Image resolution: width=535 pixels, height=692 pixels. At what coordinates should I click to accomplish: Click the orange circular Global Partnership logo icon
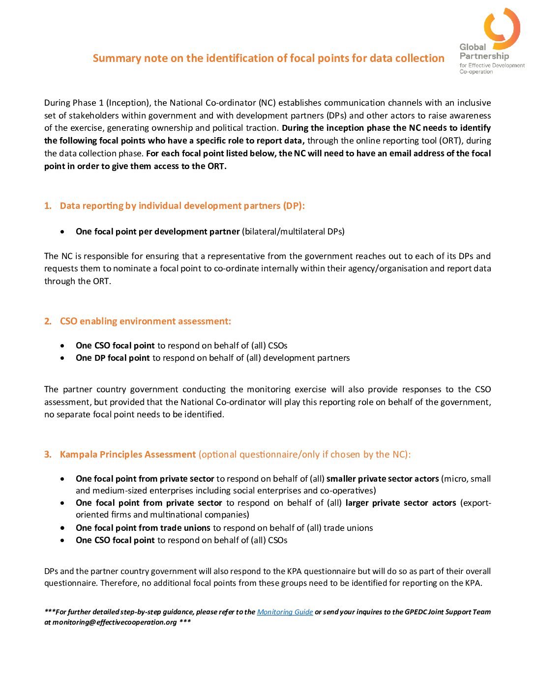[x=502, y=27]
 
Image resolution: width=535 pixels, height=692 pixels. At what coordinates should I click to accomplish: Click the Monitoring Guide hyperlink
[x=285, y=612]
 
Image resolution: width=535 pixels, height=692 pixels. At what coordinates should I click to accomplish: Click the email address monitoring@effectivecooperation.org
[x=115, y=622]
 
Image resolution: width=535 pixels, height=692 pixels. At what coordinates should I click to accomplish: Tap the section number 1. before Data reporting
[x=48, y=206]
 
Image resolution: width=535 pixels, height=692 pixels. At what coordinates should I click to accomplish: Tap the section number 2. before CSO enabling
[x=48, y=321]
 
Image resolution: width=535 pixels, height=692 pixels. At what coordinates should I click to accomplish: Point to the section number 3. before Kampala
[x=48, y=455]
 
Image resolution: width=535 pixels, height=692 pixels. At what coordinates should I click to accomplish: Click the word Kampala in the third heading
[x=78, y=455]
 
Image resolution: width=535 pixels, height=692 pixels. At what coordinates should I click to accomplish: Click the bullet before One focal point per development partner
[x=62, y=231]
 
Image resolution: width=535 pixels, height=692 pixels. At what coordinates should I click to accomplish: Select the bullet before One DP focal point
[x=62, y=358]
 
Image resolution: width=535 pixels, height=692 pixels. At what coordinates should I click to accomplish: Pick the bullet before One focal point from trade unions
[x=62, y=528]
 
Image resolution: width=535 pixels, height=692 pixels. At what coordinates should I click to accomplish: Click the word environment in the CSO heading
[x=147, y=321]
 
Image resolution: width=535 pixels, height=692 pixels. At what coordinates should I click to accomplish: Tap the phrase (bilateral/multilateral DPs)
[x=293, y=231]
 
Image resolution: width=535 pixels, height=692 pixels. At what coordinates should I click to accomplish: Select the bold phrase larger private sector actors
[x=401, y=503]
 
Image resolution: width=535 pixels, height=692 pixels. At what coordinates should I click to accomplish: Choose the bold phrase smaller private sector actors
[x=383, y=479]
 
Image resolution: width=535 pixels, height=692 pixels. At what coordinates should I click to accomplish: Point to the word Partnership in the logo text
[x=484, y=56]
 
